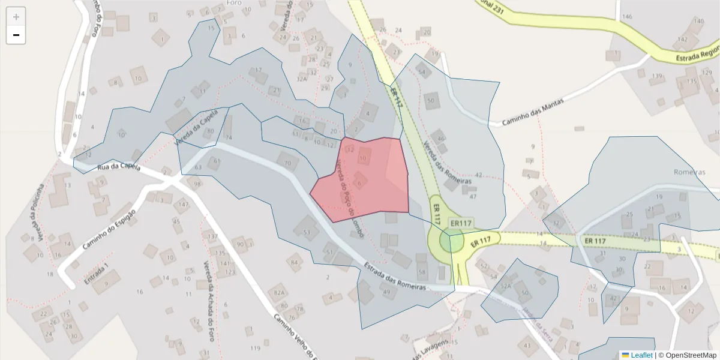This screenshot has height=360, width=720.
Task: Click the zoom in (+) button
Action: pyautogui.click(x=16, y=17)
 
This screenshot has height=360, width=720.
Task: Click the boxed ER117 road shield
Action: pyautogui.click(x=461, y=223)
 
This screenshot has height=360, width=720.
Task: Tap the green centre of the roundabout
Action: pyautogui.click(x=451, y=242)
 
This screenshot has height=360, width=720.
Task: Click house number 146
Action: pyautogui.click(x=627, y=16)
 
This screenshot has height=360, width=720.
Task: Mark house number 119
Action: pyautogui.click(x=256, y=348)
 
